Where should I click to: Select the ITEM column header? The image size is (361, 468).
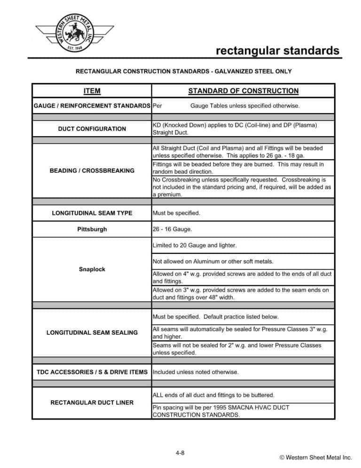[92, 91]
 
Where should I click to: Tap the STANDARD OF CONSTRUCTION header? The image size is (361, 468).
[243, 91]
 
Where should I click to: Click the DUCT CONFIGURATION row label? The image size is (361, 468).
[92, 129]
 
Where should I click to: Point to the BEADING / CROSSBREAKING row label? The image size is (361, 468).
[92, 170]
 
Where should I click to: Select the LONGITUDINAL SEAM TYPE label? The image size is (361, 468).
[92, 213]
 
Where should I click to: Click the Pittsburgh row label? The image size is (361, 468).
[92, 229]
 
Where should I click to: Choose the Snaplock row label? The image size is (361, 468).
[92, 269]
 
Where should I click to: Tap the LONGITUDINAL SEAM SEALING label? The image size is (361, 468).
[92, 332]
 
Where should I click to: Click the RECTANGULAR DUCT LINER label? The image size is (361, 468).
[92, 402]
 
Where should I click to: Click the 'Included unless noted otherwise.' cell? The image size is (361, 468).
[196, 372]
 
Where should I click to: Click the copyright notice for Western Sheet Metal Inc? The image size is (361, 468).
[315, 457]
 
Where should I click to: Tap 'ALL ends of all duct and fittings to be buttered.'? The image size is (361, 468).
[213, 395]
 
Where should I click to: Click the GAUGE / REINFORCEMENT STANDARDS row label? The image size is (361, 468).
[92, 106]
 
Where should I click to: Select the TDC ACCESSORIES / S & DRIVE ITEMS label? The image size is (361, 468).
[92, 372]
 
